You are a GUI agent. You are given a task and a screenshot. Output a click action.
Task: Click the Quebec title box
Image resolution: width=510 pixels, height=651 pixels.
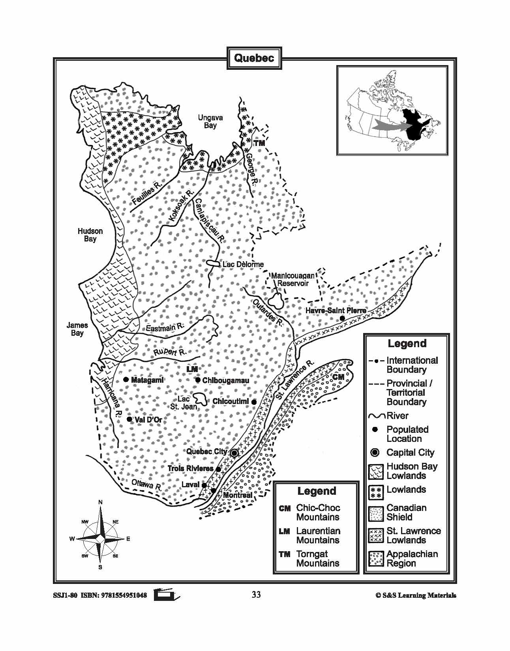(254, 58)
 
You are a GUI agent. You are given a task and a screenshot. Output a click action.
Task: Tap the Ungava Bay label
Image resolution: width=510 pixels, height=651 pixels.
(210, 122)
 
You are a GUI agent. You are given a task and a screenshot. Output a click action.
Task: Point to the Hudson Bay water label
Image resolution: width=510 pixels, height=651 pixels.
(90, 235)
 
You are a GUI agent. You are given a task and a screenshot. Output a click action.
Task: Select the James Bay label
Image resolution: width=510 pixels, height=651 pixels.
(77, 329)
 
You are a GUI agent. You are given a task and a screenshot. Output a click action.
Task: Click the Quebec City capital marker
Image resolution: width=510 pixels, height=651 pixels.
(234, 453)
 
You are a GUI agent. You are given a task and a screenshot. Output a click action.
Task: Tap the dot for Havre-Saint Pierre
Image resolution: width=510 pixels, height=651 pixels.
(342, 318)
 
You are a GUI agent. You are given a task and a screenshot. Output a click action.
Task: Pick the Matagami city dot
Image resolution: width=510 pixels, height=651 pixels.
(126, 380)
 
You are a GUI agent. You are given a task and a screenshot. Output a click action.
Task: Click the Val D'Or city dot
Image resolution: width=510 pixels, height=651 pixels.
(129, 419)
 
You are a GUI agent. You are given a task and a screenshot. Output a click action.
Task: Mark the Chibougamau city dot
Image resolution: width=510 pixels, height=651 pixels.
(198, 380)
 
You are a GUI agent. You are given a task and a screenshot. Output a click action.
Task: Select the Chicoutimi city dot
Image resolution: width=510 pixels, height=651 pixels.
(254, 402)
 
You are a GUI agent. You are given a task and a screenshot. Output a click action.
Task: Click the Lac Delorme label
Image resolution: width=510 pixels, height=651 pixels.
(243, 264)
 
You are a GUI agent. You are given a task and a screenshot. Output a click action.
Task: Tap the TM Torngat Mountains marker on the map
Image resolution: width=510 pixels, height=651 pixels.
(259, 143)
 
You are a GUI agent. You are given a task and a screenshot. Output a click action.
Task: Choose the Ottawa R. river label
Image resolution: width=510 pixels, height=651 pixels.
(146, 484)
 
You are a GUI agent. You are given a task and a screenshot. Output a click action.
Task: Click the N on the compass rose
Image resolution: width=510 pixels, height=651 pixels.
(100, 502)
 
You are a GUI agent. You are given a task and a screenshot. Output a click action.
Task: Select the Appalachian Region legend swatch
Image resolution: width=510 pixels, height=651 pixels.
(376, 559)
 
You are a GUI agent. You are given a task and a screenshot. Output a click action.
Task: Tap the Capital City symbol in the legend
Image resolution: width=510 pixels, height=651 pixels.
(375, 453)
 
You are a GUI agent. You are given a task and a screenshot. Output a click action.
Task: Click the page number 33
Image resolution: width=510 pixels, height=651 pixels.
(256, 594)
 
